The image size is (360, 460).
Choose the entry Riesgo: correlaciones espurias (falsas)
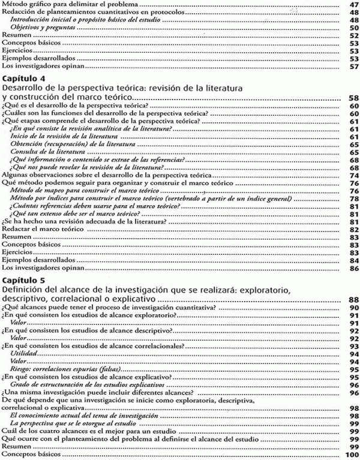(64, 369)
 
